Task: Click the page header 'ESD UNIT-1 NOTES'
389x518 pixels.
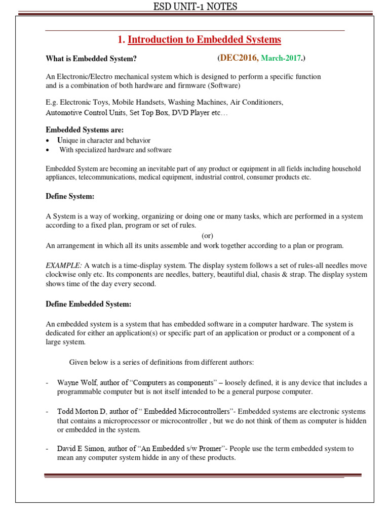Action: (x=195, y=7)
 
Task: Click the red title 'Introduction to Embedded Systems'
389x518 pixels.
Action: (x=204, y=39)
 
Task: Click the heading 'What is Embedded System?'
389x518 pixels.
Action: (x=91, y=59)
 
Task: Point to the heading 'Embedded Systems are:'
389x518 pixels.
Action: (x=85, y=130)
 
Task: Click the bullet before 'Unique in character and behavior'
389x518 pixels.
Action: (x=47, y=141)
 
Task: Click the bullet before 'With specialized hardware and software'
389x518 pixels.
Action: (x=47, y=150)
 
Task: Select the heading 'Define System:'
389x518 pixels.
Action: (x=70, y=196)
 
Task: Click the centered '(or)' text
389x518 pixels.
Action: (x=208, y=236)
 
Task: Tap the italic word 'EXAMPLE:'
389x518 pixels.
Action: (x=64, y=266)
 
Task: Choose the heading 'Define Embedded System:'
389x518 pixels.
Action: (x=89, y=304)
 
